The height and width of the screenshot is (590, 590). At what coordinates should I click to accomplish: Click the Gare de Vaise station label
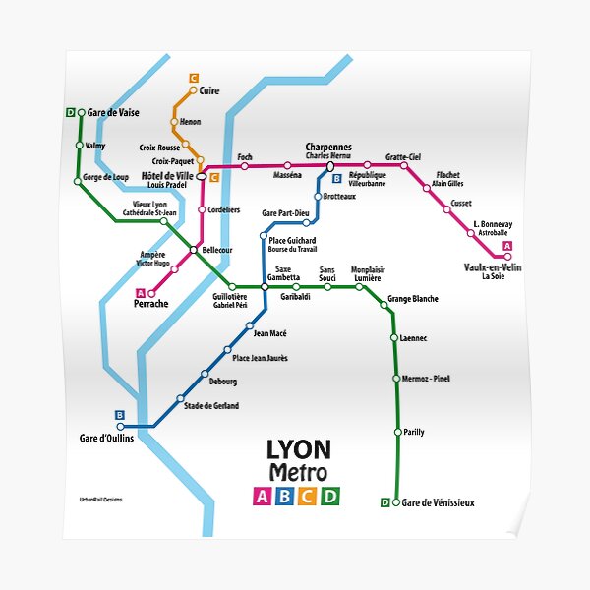pyautogui.click(x=113, y=113)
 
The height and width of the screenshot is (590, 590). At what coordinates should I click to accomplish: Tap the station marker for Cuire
pyautogui.click(x=193, y=90)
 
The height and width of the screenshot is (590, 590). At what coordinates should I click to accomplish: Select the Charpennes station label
pyautogui.click(x=328, y=147)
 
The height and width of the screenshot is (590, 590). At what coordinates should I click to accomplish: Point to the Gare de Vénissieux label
pyautogui.click(x=439, y=503)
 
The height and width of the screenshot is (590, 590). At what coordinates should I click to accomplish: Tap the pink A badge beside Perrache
pyautogui.click(x=140, y=292)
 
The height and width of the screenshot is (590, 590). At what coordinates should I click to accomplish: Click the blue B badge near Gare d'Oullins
pyautogui.click(x=120, y=415)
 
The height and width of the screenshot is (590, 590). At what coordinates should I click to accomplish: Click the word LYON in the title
pyautogui.click(x=299, y=450)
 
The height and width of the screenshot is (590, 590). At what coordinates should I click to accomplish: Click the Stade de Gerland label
pyautogui.click(x=211, y=405)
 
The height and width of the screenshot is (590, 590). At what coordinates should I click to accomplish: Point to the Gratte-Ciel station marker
pyautogui.click(x=403, y=165)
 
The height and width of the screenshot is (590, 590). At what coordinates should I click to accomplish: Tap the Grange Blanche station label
pyautogui.click(x=413, y=299)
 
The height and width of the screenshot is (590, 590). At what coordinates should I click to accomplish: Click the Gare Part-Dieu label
pyautogui.click(x=285, y=213)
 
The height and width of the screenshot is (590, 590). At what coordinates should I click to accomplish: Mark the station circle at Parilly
pyautogui.click(x=396, y=432)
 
